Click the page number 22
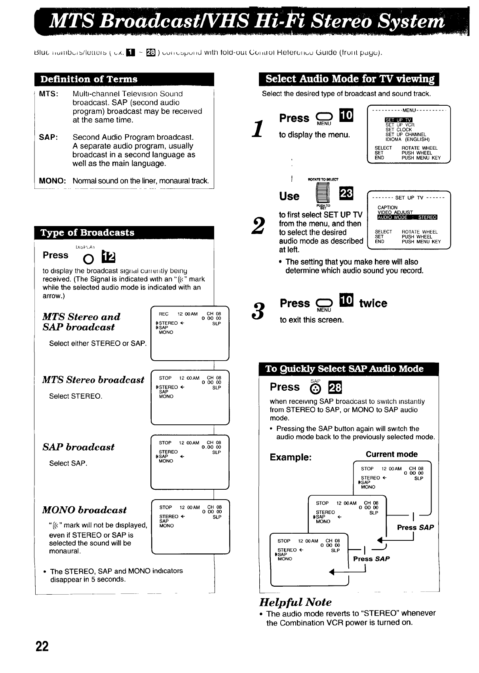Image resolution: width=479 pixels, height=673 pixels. (x=42, y=646)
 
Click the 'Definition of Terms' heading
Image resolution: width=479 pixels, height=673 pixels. (x=89, y=79)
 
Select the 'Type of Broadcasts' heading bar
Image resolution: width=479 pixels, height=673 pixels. (x=87, y=232)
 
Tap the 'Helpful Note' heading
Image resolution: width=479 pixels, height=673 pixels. (x=295, y=602)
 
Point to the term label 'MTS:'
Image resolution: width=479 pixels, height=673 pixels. (x=49, y=94)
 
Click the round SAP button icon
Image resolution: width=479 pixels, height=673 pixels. (x=315, y=390)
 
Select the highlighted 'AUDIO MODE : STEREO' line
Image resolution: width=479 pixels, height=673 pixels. (x=407, y=217)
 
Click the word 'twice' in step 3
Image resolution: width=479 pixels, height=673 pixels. (x=373, y=304)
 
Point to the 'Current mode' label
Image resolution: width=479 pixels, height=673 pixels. (x=392, y=454)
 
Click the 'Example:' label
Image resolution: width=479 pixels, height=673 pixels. (x=291, y=457)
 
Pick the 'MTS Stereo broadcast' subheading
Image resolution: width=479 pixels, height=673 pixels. (x=93, y=380)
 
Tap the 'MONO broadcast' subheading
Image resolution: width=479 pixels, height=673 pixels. (x=84, y=510)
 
